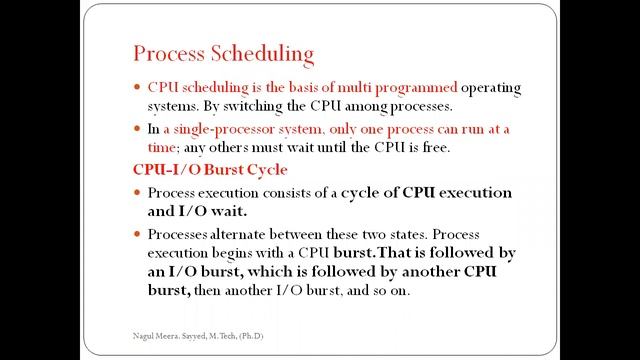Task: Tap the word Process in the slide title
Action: [170, 53]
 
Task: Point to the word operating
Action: [491, 87]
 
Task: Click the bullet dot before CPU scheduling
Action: [138, 88]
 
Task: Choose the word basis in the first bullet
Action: [301, 87]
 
